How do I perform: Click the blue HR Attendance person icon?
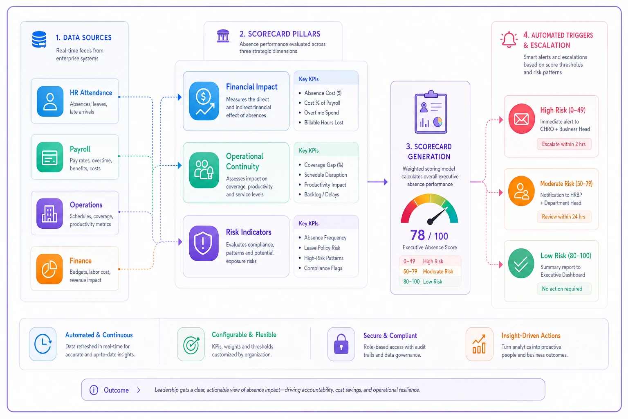click(50, 101)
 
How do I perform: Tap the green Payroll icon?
click(49, 157)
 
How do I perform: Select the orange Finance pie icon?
click(49, 269)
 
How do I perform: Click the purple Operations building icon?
click(49, 213)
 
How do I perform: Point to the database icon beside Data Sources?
click(39, 40)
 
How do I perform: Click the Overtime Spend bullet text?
click(321, 113)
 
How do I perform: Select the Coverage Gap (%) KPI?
click(323, 165)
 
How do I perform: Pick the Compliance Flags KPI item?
click(323, 268)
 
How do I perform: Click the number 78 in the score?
click(417, 235)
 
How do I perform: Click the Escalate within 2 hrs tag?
click(564, 144)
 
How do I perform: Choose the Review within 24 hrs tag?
click(563, 216)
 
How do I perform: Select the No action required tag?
click(562, 289)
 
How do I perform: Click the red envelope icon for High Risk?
click(521, 119)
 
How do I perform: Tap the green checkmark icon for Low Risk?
click(521, 263)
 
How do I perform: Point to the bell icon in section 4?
click(509, 40)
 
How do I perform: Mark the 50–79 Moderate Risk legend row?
click(430, 271)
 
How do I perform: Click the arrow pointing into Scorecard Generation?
click(378, 182)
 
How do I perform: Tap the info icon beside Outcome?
click(94, 390)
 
